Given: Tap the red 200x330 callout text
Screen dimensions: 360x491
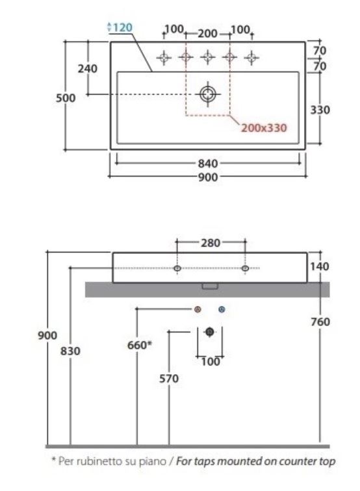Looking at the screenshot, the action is (x=264, y=128).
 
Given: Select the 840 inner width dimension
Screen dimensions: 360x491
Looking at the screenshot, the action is (x=208, y=163).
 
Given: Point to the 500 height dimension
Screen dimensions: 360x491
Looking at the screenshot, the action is (x=66, y=98).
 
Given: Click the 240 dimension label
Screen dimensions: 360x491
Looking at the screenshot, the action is (x=88, y=69).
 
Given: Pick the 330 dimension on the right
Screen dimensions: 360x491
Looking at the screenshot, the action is (x=320, y=110).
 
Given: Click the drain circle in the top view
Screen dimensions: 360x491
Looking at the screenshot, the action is (x=208, y=94).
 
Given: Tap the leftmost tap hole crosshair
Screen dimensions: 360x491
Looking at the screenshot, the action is (x=164, y=58).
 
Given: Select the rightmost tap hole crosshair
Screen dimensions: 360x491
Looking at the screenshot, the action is (x=251, y=58).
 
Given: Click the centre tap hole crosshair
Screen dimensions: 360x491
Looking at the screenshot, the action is (x=208, y=57).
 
